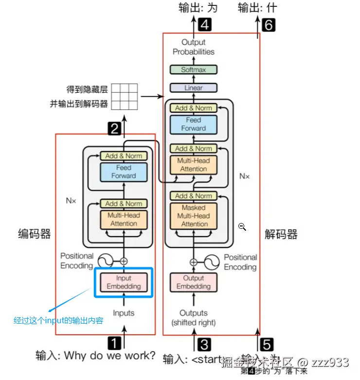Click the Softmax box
click(x=193, y=69)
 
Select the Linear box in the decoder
click(x=193, y=88)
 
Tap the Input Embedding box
click(x=124, y=282)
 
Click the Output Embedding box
click(x=193, y=282)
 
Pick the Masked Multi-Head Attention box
click(x=193, y=216)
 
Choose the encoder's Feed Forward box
click(x=124, y=172)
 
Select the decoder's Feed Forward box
click(x=193, y=124)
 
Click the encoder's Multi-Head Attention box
click(x=124, y=219)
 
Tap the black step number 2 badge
click(x=114, y=129)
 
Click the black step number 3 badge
click(x=204, y=345)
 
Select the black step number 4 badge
click(x=205, y=24)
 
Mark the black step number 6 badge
click(x=268, y=25)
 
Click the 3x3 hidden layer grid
click(x=124, y=97)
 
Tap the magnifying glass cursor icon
click(x=242, y=227)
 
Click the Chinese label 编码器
click(x=35, y=234)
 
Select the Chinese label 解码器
click(x=281, y=235)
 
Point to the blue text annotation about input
click(x=58, y=321)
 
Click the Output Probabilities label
click(x=193, y=47)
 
